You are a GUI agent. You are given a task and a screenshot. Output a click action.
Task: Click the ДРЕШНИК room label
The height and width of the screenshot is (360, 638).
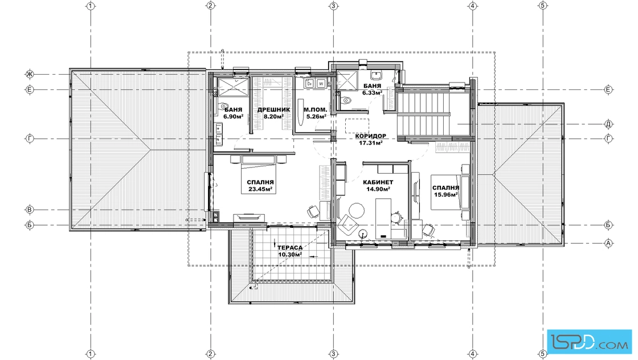click(x=273, y=110)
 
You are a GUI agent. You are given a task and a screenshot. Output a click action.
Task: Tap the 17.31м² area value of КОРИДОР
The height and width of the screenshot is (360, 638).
click(x=370, y=143)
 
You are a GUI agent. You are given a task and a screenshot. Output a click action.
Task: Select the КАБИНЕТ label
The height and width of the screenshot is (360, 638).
click(x=378, y=182)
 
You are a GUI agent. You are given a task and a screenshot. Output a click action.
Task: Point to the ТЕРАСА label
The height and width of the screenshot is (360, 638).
click(x=290, y=248)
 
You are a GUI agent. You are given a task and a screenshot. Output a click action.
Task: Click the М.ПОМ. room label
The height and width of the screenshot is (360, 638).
click(x=316, y=110)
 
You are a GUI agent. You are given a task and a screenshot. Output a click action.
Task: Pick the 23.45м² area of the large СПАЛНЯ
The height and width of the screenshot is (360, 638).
click(x=260, y=189)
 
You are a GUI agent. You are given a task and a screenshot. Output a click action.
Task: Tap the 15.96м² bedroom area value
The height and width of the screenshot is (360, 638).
click(x=445, y=194)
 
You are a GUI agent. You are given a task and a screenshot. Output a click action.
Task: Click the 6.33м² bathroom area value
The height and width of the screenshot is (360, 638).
click(x=373, y=93)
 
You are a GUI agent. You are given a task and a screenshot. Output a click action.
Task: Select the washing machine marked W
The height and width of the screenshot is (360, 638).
click(x=321, y=83)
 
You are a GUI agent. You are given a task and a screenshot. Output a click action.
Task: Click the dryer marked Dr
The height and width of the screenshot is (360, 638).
click(x=310, y=83)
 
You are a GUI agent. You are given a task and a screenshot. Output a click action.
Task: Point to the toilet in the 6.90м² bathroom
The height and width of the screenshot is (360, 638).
click(x=223, y=106)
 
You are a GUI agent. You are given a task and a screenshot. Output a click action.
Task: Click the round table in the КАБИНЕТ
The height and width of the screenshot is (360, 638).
click(x=357, y=210)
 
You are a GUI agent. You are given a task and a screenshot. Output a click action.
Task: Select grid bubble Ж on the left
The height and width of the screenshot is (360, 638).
click(x=29, y=74)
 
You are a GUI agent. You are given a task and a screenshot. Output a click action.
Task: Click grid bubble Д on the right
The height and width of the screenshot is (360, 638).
click(x=609, y=124)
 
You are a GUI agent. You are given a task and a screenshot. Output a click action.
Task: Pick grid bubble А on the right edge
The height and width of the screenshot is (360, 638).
click(x=609, y=243)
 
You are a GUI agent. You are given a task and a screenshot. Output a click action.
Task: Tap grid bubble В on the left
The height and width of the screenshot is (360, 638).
click(x=29, y=210)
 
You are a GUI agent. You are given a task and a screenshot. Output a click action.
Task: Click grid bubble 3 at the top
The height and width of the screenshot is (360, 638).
click(x=333, y=6)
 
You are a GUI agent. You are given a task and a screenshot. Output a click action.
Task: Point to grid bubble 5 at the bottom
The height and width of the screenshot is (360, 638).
click(x=542, y=354)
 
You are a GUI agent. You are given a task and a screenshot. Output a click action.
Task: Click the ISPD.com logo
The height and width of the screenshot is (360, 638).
click(x=590, y=342)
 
